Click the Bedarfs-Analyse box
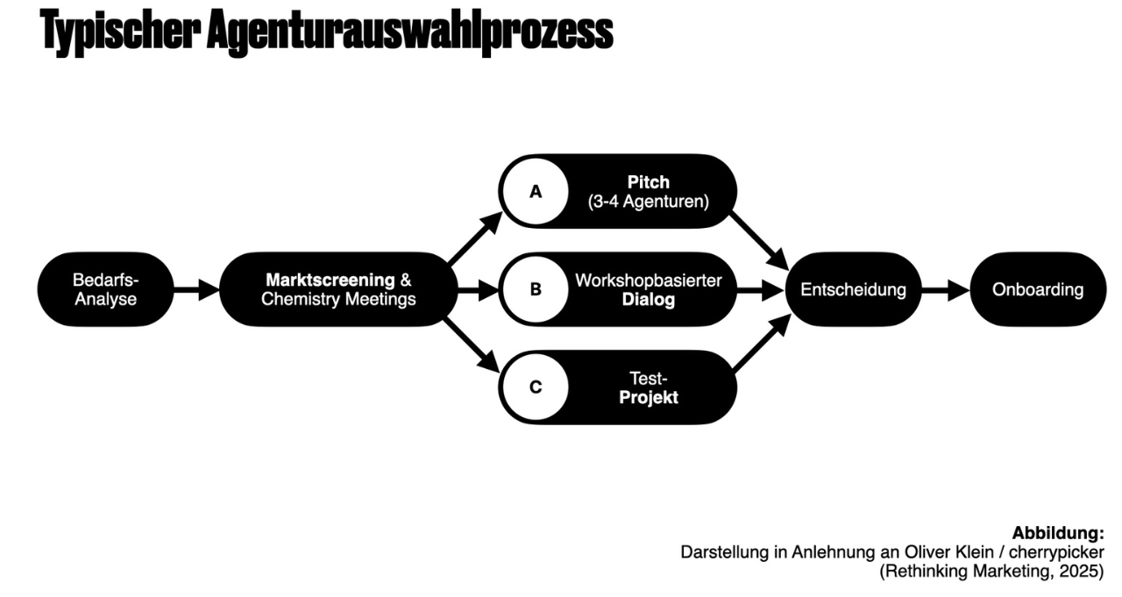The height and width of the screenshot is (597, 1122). (105, 289)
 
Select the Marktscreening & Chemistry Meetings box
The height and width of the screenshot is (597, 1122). (338, 289)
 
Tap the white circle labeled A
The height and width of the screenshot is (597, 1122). (535, 191)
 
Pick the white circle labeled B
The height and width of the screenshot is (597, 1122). (535, 289)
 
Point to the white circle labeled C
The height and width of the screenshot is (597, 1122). (535, 387)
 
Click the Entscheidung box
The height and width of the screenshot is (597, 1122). (853, 289)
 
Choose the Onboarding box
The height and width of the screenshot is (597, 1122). (1037, 289)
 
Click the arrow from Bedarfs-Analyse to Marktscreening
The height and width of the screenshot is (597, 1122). (195, 289)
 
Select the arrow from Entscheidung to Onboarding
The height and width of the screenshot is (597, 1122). (946, 289)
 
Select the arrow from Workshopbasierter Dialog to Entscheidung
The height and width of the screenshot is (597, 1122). (759, 289)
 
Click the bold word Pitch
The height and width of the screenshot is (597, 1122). (648, 182)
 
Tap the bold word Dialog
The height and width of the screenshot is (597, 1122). (650, 300)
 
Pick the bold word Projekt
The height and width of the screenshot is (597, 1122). (649, 397)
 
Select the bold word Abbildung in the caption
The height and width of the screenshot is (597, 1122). (1057, 533)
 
